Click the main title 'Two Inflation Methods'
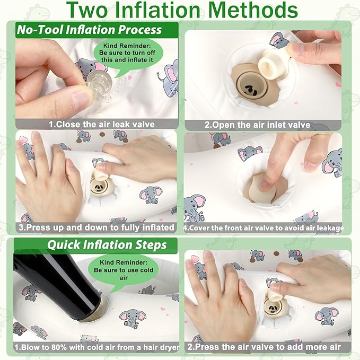(182, 10)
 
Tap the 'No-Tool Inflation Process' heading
(90, 30)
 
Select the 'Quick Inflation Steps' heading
(107, 245)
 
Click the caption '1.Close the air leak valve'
(102, 125)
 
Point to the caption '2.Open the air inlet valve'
(257, 125)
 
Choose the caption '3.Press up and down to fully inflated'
(96, 227)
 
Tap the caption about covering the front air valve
(264, 228)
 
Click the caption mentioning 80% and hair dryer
(97, 347)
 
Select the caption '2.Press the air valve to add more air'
(264, 347)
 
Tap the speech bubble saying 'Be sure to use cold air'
(124, 270)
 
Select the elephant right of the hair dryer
(132, 318)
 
